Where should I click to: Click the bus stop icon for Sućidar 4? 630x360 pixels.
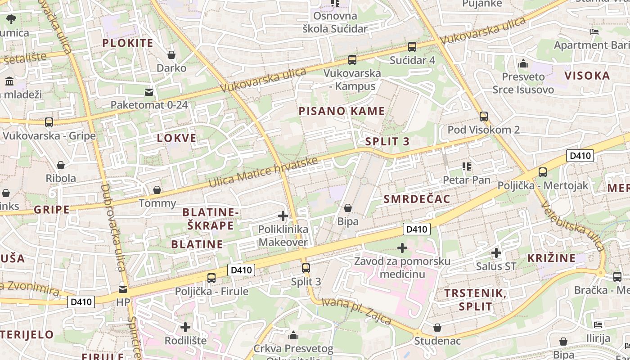pos(412,46)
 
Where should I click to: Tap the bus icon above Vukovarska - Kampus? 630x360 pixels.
pos(352,59)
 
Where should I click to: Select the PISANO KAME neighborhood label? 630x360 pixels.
pos(342,111)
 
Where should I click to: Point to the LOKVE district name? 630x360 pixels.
pos(176,138)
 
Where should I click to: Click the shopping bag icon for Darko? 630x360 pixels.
pos(171,55)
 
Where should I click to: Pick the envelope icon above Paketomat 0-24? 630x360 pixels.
pos(148,92)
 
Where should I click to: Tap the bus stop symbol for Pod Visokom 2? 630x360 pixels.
pos(484,117)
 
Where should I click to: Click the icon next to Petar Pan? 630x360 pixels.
pos(467,167)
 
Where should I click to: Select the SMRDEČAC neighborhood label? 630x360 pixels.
pos(417,199)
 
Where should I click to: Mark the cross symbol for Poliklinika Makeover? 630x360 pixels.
pos(283,216)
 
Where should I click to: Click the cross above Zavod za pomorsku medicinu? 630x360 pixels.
pos(402,248)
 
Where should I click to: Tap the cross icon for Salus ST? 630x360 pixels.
pos(496,253)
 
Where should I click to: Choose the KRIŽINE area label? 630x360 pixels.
pos(551,258)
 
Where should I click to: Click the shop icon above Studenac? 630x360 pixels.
pos(437,328)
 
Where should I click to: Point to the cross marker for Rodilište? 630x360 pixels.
pos(185,327)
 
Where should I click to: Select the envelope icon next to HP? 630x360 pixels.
pos(123,289)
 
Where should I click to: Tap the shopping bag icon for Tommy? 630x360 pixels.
pos(157,190)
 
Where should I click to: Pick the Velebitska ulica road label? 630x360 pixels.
pos(572,226)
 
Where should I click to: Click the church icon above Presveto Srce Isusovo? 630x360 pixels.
pos(523,63)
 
